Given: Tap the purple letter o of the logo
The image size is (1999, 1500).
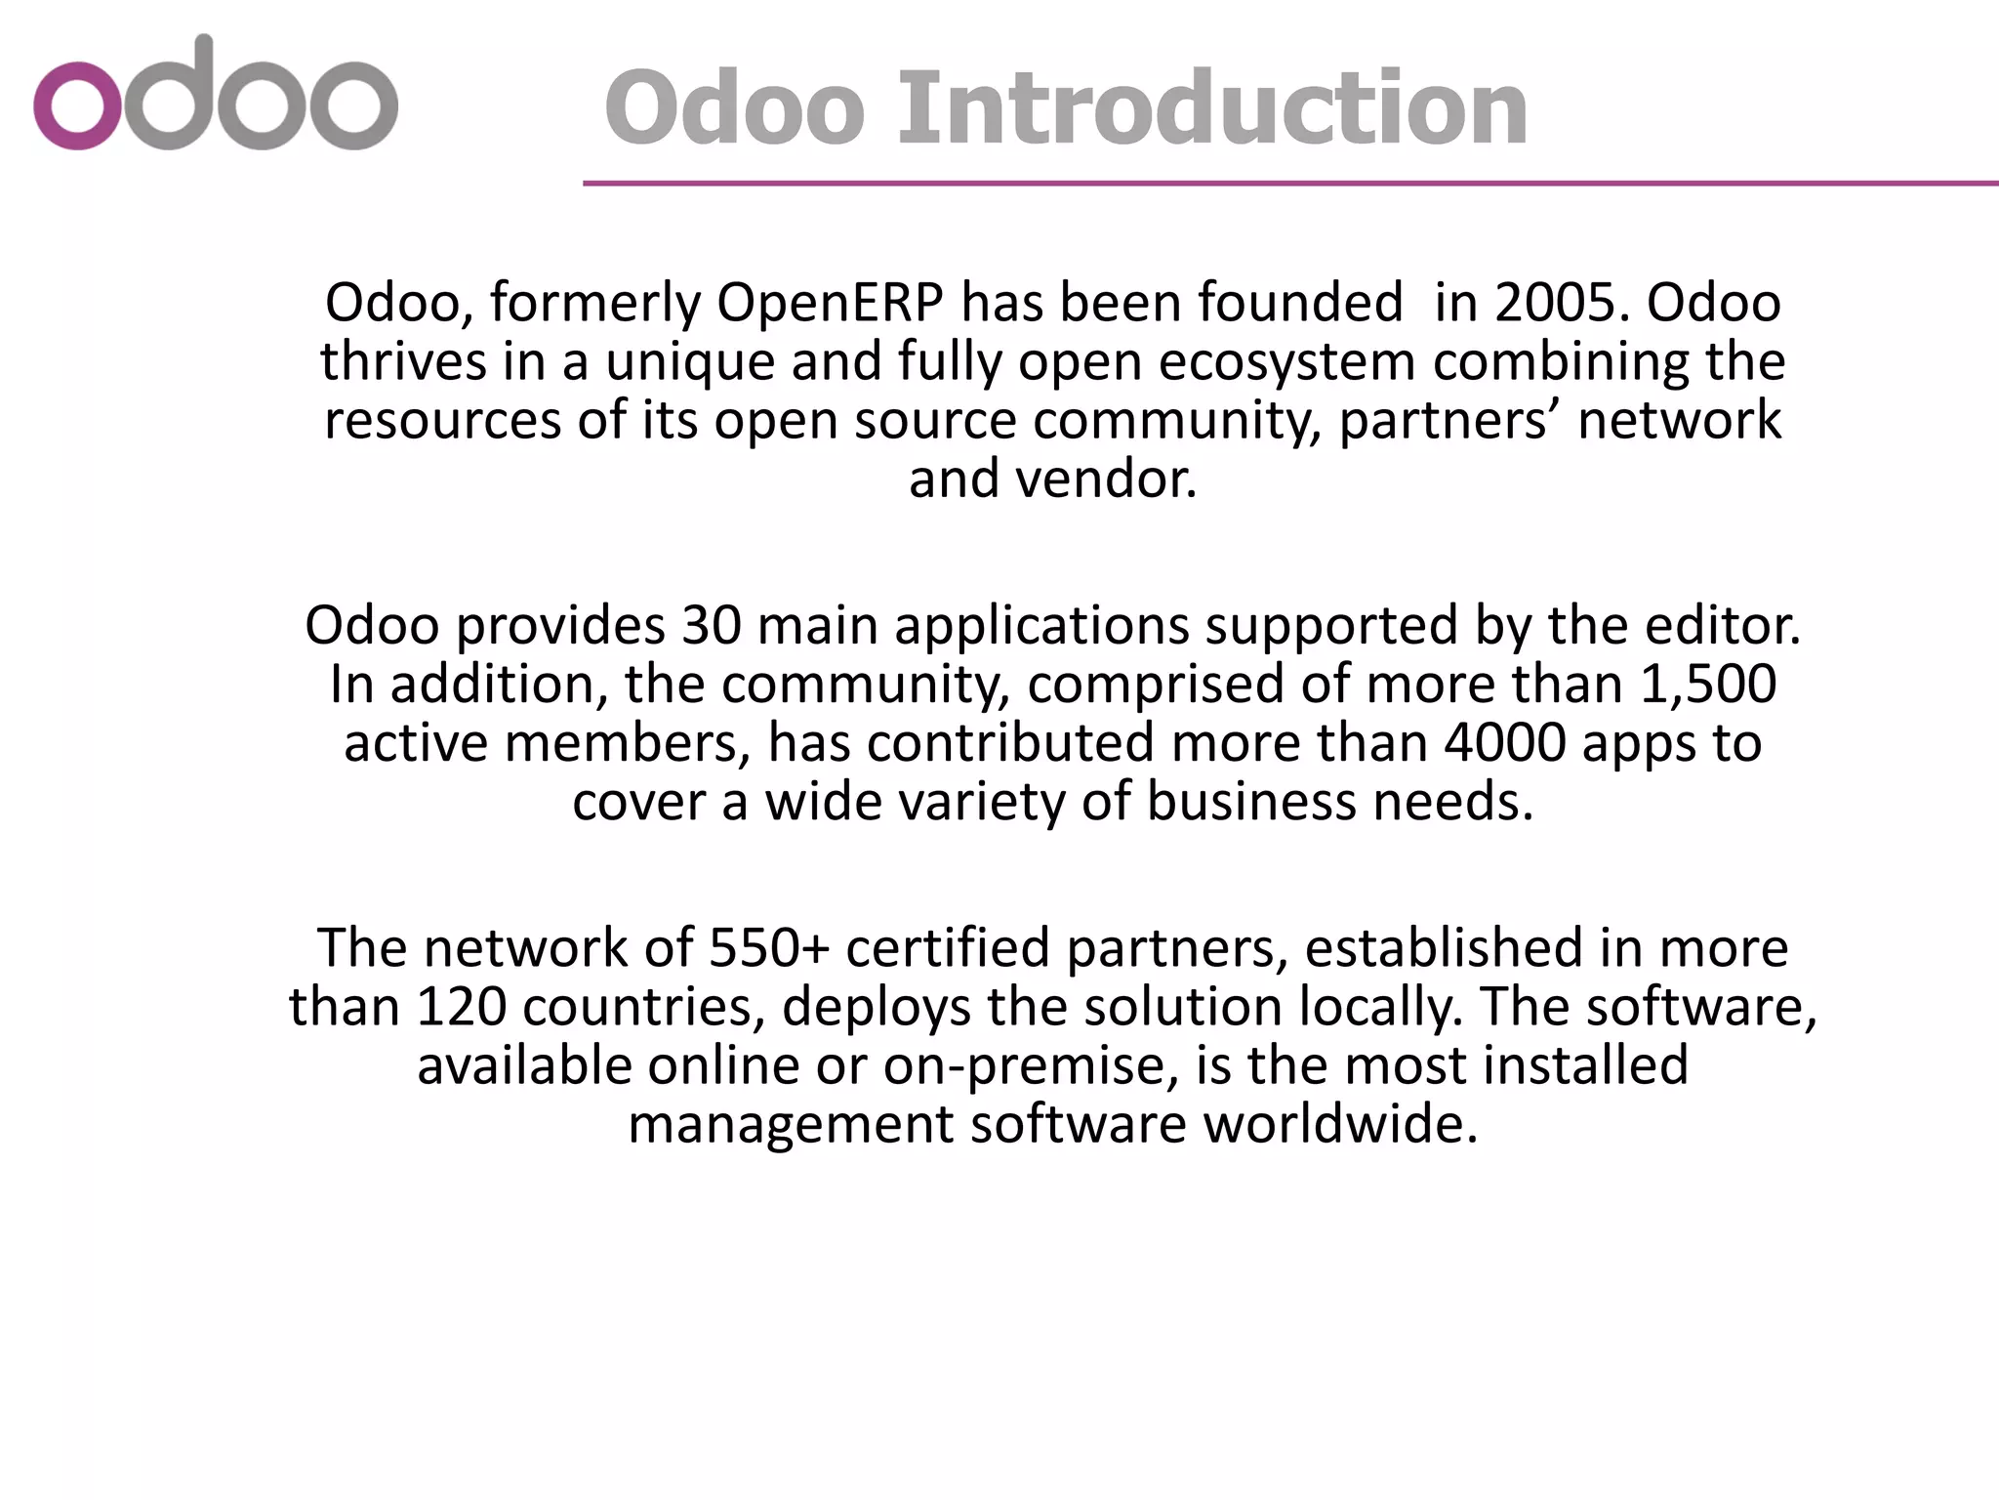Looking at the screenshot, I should coord(76,105).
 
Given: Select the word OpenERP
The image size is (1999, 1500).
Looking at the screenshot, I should coord(830,303).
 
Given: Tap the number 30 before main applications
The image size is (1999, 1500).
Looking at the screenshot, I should coord(711,625).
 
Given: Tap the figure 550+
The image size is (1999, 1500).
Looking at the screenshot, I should coord(768,948).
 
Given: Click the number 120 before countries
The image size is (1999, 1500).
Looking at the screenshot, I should coord(460,1007).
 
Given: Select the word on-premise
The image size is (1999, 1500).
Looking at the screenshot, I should coord(1025,1065).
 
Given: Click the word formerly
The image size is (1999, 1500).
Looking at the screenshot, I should coord(594,303).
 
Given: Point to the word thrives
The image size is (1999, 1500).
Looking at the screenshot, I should coord(403,361).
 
